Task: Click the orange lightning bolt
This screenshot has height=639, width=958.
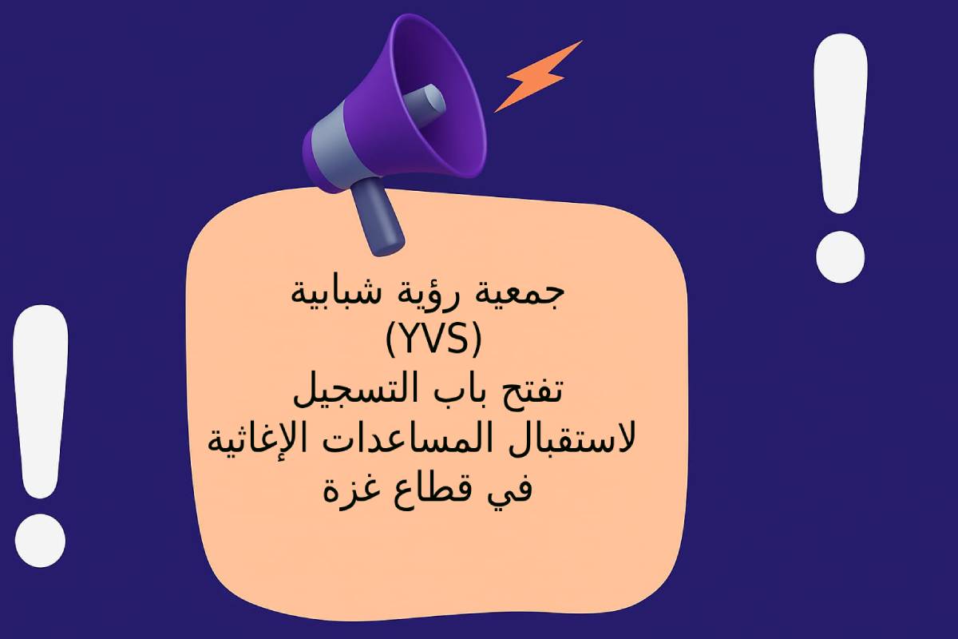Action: [537, 77]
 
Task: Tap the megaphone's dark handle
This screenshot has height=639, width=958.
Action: [377, 217]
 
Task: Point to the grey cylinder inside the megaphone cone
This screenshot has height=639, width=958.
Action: [423, 104]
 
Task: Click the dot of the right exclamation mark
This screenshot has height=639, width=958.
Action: [841, 257]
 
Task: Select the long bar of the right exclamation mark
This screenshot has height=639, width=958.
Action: [841, 123]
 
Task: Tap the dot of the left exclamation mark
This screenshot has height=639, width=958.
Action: [40, 541]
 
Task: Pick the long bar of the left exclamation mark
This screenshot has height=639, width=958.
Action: [41, 402]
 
